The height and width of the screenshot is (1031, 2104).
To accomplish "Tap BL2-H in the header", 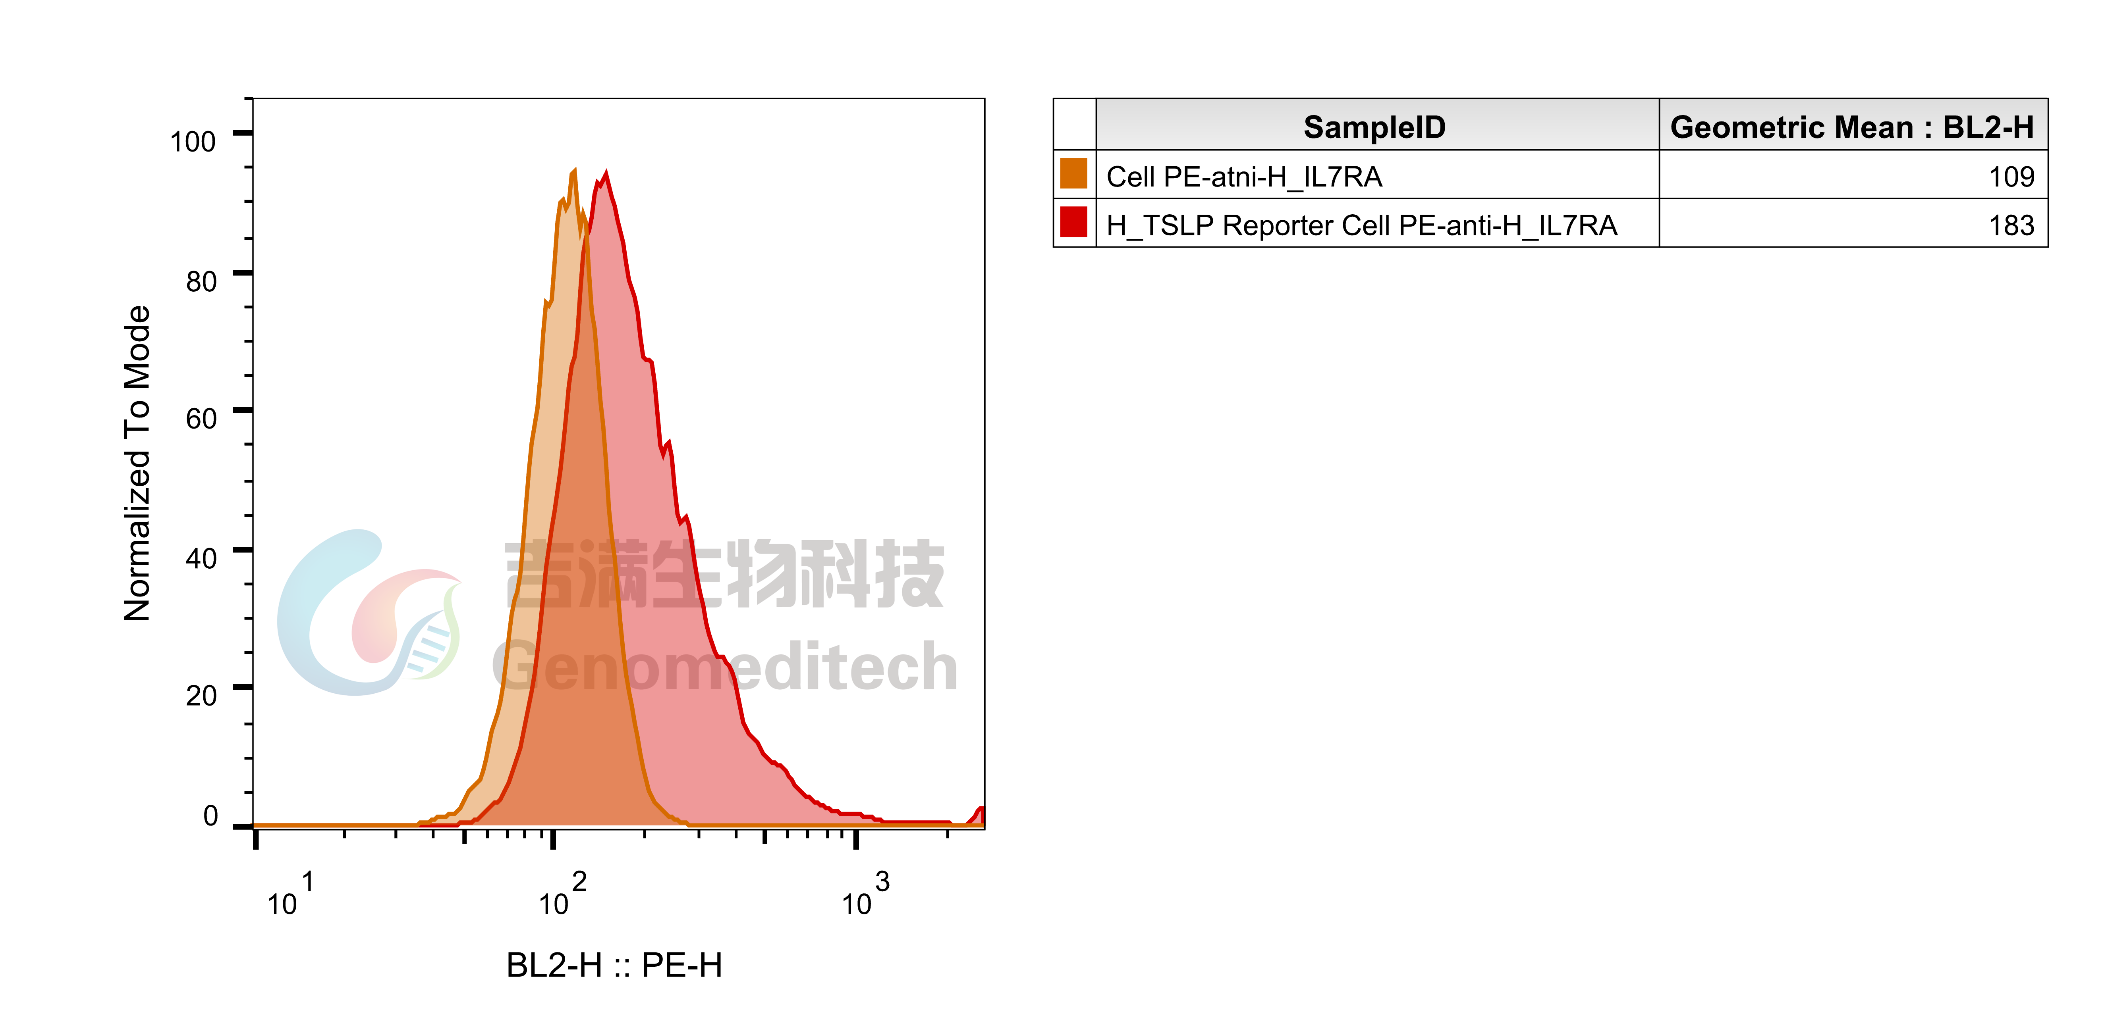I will pyautogui.click(x=1987, y=127).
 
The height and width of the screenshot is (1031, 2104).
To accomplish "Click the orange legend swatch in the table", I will pyautogui.click(x=1073, y=174).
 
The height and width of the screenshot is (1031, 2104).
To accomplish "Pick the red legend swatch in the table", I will pyautogui.click(x=1073, y=222).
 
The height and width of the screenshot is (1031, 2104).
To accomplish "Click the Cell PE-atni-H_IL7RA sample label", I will pyautogui.click(x=1243, y=176).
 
